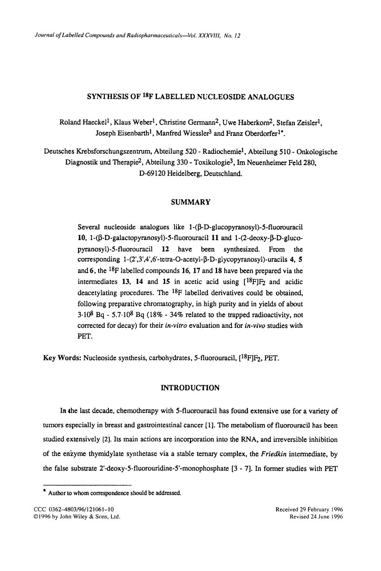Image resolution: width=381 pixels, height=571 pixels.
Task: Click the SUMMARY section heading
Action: tap(190, 202)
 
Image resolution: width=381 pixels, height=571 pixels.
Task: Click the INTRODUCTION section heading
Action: tap(190, 388)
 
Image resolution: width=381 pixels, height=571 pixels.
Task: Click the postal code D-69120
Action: tap(152, 174)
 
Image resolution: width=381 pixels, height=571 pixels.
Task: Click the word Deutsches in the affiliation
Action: tap(59, 152)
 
